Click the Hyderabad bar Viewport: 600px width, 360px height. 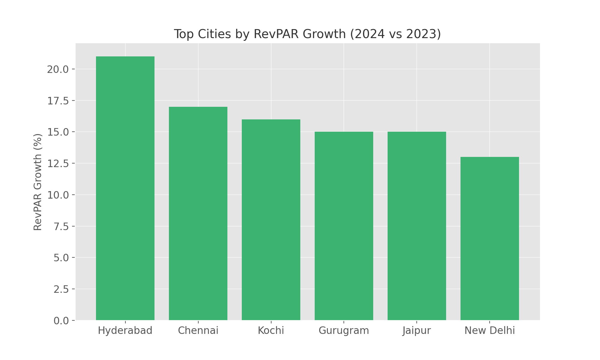[125, 188]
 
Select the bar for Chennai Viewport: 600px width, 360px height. [198, 214]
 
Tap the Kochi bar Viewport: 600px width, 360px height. [271, 220]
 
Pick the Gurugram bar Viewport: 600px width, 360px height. [344, 226]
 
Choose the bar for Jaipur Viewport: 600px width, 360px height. [417, 226]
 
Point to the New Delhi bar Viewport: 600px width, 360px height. [490, 238]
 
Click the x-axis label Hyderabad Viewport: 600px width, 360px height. [125, 331]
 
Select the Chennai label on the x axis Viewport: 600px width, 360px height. [198, 331]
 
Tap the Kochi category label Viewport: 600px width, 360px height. [271, 331]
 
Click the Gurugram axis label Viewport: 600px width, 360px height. [344, 331]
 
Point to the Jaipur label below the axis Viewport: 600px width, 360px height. [417, 331]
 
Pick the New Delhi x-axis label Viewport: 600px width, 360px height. [490, 331]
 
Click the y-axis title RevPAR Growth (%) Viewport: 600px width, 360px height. [38, 182]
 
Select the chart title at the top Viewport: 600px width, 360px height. [307, 34]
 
